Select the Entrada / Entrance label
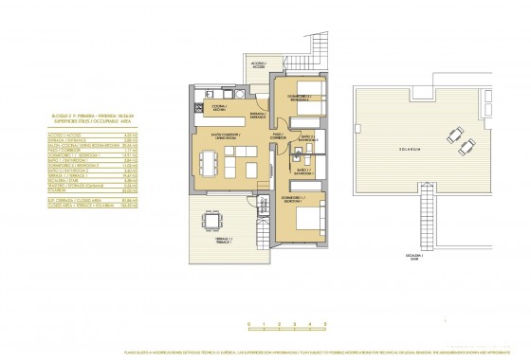tap(255, 114)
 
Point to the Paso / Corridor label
tap(280, 135)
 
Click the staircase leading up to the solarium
tap(421, 223)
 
